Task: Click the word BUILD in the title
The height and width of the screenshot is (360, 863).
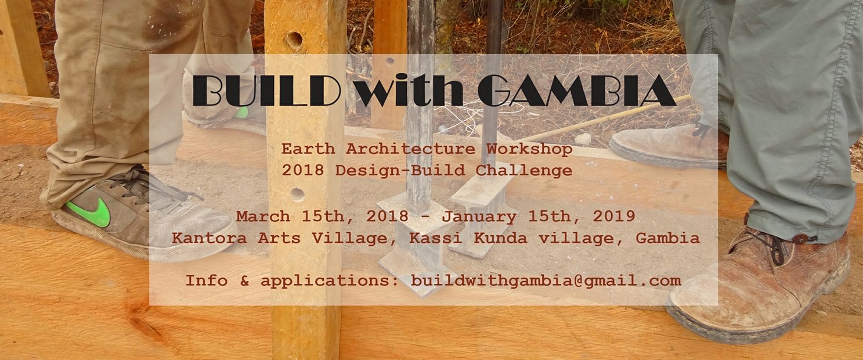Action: pyautogui.click(x=266, y=91)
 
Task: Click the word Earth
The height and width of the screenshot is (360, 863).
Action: pyautogui.click(x=308, y=149)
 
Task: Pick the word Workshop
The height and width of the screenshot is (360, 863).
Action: pyautogui.click(x=529, y=150)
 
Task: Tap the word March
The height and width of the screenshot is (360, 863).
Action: pyautogui.click(x=263, y=216)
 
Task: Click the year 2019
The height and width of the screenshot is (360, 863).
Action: pyautogui.click(x=614, y=216)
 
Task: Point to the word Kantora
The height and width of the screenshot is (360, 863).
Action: pyautogui.click(x=209, y=238)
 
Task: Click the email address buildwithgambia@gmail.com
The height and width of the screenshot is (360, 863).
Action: pyautogui.click(x=546, y=281)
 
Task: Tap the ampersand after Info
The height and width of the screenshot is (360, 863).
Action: pyautogui.click(x=244, y=280)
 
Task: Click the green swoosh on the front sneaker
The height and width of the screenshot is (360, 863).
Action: pyautogui.click(x=89, y=211)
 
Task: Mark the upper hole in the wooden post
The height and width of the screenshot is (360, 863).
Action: pyautogui.click(x=294, y=40)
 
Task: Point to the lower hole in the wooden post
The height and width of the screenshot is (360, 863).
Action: pyautogui.click(x=297, y=195)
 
